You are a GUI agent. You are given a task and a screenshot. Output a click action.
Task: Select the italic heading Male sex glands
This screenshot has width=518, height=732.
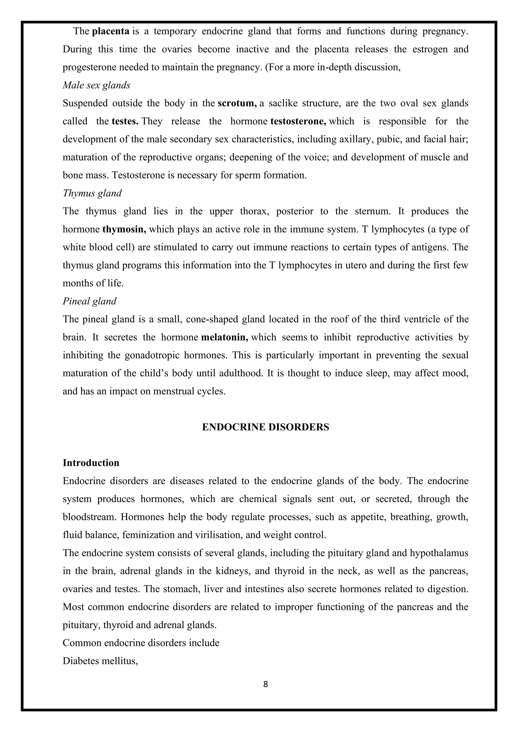pyautogui.click(x=96, y=85)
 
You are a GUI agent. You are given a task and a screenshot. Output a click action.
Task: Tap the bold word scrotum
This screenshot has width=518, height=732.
pyautogui.click(x=237, y=104)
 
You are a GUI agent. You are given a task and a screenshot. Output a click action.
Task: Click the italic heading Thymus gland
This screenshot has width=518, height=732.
pyautogui.click(x=92, y=193)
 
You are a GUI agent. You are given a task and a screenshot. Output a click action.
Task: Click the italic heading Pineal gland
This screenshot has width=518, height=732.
pyautogui.click(x=90, y=301)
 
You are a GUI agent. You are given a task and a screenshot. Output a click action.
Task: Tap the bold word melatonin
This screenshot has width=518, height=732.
pyautogui.click(x=225, y=337)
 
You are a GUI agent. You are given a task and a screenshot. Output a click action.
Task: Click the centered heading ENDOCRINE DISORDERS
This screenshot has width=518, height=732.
pyautogui.click(x=265, y=427)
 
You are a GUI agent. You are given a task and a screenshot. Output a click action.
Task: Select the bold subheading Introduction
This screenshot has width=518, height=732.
pyautogui.click(x=91, y=463)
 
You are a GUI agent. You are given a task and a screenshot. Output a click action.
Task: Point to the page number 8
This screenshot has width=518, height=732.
pyautogui.click(x=265, y=684)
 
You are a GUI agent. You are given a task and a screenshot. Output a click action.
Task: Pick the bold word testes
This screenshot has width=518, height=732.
pyautogui.click(x=125, y=122)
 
